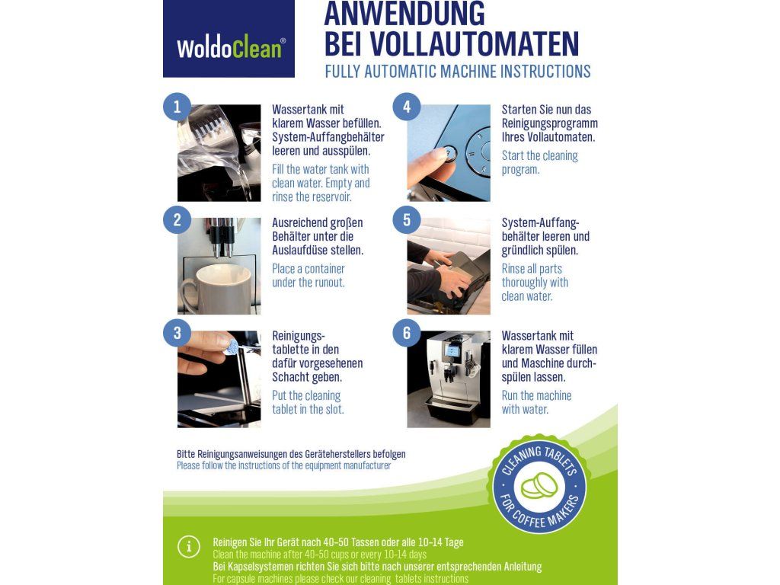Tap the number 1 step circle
tap(177, 107)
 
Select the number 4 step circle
tap(407, 107)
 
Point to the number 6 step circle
tap(407, 333)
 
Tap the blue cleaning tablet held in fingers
tap(232, 347)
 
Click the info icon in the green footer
tap(189, 547)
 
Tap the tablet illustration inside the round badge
tap(539, 485)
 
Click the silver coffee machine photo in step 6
tap(449, 379)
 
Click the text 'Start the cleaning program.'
tap(540, 163)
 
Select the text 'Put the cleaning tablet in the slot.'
tap(308, 402)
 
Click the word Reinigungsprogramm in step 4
tap(550, 123)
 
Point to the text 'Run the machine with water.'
tap(536, 402)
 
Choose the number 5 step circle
tap(407, 220)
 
